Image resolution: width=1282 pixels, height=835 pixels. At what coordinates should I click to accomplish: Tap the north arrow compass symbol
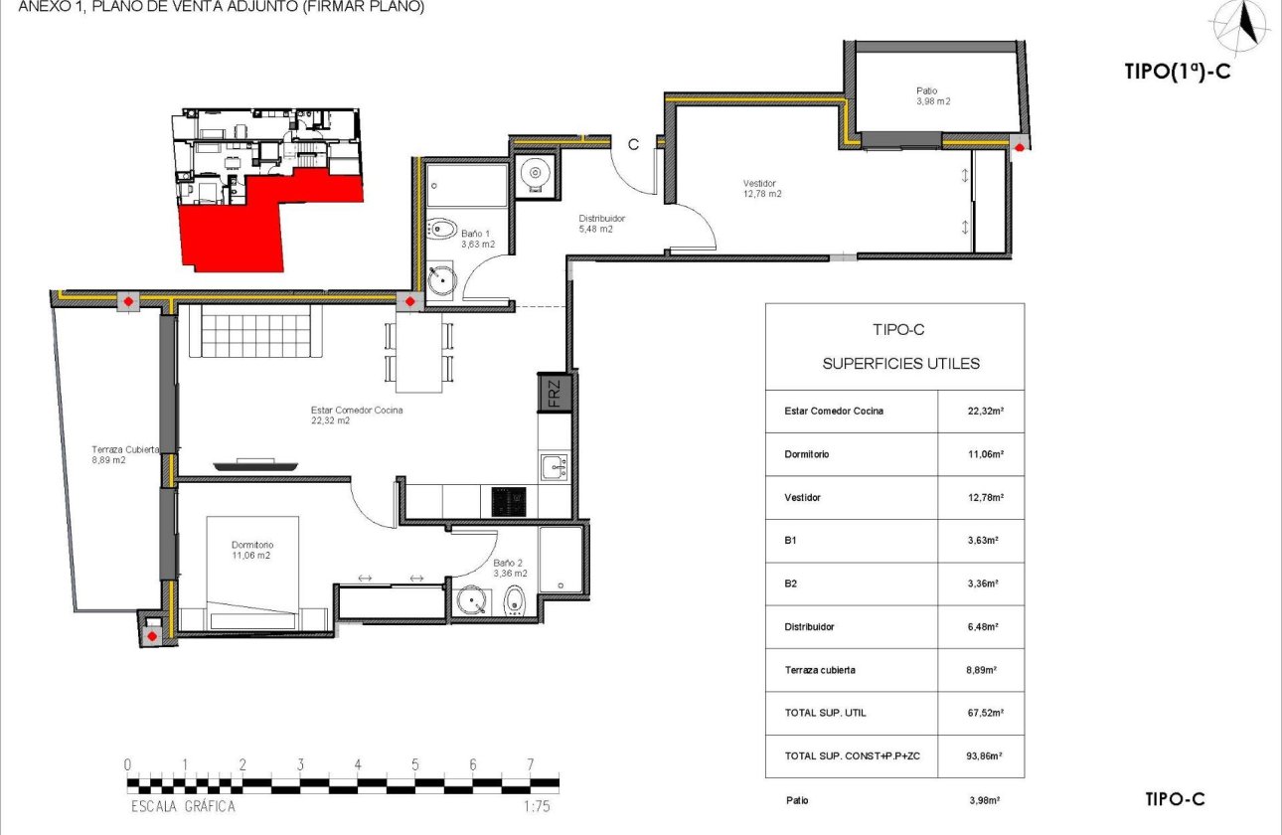(x=1239, y=25)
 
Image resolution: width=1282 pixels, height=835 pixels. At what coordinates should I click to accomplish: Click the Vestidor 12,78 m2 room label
(x=762, y=189)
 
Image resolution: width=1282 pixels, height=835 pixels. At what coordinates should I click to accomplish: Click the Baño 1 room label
(x=478, y=239)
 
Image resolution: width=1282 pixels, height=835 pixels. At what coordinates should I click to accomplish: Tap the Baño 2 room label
(x=510, y=568)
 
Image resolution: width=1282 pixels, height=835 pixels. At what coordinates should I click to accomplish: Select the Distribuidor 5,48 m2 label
(x=602, y=224)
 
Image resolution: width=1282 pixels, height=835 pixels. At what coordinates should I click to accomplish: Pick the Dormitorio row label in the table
(x=806, y=454)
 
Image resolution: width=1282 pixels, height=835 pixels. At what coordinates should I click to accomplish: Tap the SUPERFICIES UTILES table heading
(x=900, y=364)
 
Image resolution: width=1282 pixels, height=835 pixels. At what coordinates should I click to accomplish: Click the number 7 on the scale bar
(x=530, y=764)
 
